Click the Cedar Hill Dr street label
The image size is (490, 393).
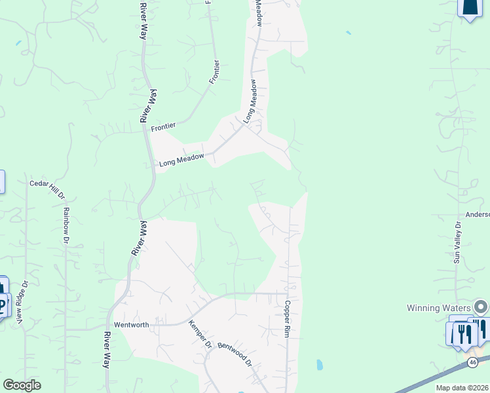click(x=48, y=189)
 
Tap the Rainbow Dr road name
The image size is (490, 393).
click(x=66, y=225)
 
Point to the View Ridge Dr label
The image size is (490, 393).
click(x=23, y=302)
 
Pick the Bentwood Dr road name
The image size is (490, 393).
click(x=234, y=354)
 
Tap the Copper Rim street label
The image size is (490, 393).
click(x=287, y=319)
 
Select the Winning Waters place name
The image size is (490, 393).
click(x=439, y=308)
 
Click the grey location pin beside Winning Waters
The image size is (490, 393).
click(x=481, y=307)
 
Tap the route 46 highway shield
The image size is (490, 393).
click(x=473, y=362)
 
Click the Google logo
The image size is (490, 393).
click(x=22, y=385)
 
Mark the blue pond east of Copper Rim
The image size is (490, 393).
click(x=319, y=364)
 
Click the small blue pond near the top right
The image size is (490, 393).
click(x=348, y=32)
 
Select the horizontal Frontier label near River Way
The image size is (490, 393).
click(x=164, y=128)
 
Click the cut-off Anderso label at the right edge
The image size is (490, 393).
click(x=477, y=214)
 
